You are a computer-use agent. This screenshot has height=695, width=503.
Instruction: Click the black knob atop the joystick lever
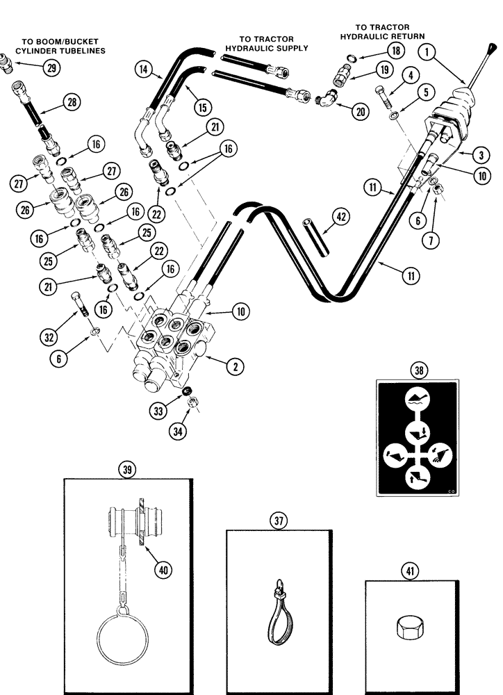click(491, 51)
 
